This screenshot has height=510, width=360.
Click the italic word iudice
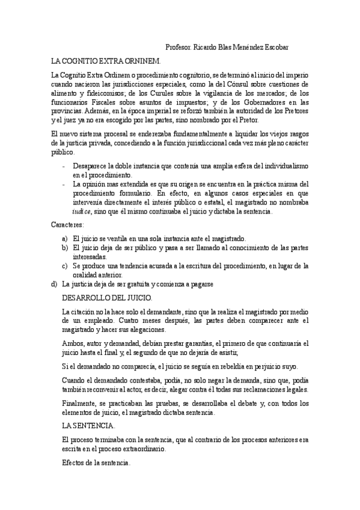pyautogui.click(x=82, y=211)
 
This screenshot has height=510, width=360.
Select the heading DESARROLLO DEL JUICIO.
pyautogui.click(x=108, y=298)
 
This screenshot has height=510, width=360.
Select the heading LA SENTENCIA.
pyautogui.click(x=89, y=425)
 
